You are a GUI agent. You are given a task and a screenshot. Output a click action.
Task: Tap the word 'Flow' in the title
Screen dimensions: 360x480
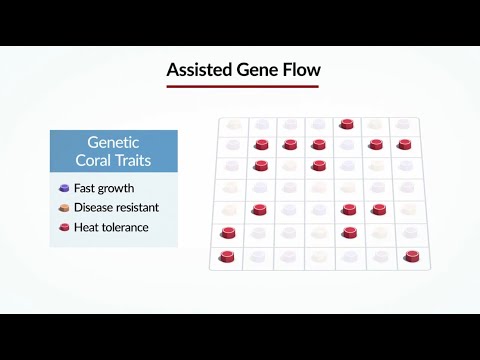[x=295, y=71]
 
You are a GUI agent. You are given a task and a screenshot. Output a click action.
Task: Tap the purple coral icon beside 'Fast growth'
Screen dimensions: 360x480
[x=65, y=187]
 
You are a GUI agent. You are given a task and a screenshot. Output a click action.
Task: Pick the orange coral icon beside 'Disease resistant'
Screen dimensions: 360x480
[x=65, y=207]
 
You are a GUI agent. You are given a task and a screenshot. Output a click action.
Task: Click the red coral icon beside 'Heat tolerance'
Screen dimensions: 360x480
[x=65, y=227]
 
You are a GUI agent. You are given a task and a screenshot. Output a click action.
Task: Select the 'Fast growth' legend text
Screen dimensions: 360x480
[x=104, y=187]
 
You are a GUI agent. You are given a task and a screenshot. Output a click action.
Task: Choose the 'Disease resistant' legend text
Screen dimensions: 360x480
[x=116, y=207]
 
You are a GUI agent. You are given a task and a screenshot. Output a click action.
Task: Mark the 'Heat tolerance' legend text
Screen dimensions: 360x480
[x=110, y=227]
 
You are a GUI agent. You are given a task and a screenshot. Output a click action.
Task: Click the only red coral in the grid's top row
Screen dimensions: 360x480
[x=347, y=124]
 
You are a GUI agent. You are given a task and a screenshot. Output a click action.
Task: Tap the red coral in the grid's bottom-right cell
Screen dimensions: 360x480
[x=412, y=256]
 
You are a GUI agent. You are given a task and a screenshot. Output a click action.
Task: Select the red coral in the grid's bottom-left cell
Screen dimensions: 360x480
[x=227, y=257]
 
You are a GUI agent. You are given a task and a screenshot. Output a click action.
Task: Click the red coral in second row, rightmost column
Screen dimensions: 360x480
[x=404, y=144]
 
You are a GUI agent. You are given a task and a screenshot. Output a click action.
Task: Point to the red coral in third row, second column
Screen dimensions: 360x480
[x=261, y=165]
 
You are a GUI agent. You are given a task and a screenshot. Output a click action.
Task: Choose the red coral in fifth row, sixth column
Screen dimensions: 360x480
[x=379, y=209]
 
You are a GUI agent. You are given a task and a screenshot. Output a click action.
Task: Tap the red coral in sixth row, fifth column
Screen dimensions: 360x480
[x=348, y=232]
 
